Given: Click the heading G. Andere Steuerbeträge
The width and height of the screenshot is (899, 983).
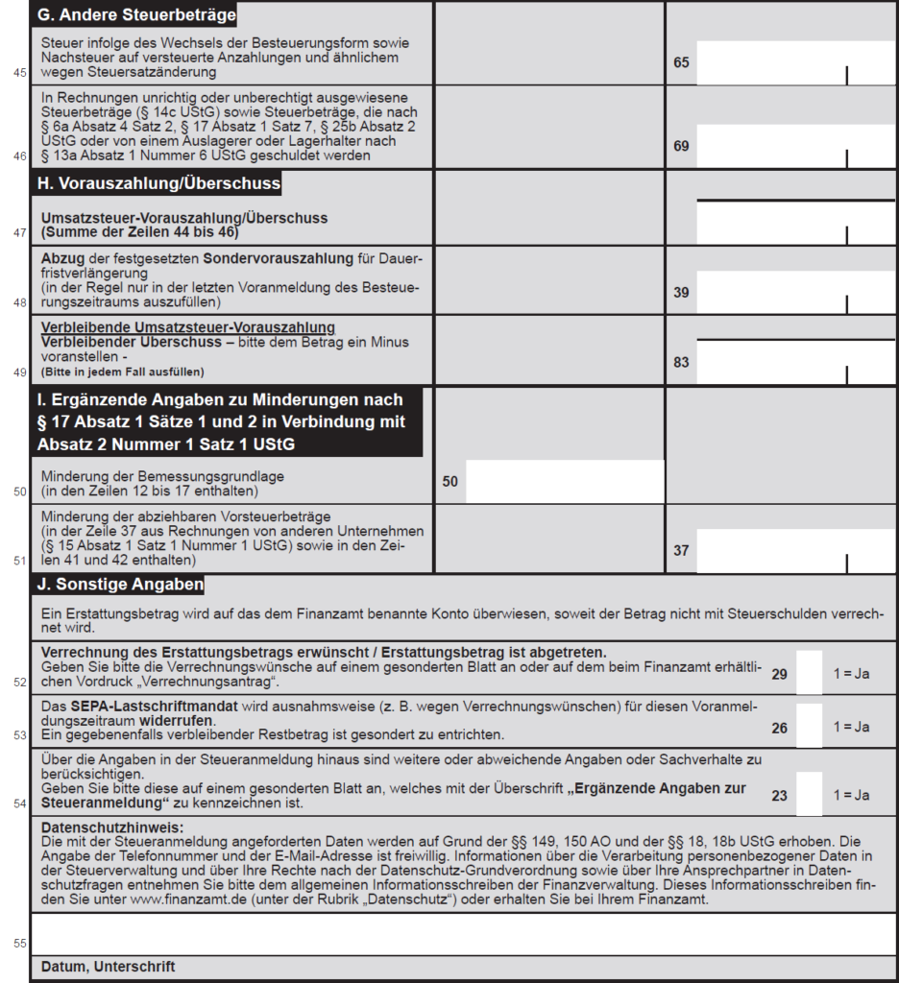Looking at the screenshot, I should click(134, 15).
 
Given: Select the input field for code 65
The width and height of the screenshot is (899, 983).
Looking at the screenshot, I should click(795, 63).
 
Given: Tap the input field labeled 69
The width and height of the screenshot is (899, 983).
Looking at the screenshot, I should click(795, 146).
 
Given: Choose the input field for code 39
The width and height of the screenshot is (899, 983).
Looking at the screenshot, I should click(795, 292).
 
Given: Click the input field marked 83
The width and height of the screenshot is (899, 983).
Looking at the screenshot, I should click(795, 362).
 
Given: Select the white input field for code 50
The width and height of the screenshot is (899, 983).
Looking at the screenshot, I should click(565, 482).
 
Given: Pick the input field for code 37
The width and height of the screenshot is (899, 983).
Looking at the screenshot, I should click(795, 551).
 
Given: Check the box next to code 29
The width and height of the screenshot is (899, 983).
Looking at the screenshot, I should click(810, 673).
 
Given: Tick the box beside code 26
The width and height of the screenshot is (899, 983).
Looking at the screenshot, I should click(810, 727).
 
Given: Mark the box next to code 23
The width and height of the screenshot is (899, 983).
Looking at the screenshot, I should click(810, 794).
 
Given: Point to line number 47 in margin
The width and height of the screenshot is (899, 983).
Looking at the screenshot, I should click(20, 232).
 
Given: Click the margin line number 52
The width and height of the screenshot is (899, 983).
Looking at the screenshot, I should click(20, 683).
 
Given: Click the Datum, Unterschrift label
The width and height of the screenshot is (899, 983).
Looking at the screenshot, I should click(109, 967).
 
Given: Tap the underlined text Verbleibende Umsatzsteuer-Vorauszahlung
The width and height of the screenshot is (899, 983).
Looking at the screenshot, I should click(188, 328).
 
